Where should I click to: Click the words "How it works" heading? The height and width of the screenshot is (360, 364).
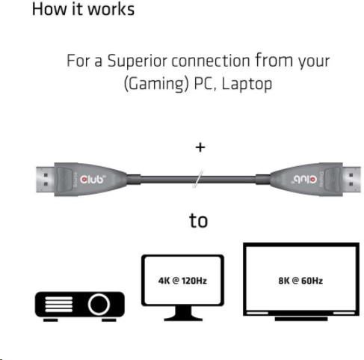click(83, 9)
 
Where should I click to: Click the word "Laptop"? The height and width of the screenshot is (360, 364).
click(247, 84)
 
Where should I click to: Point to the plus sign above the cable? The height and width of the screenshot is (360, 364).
click(200, 147)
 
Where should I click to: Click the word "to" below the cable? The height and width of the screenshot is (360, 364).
click(198, 221)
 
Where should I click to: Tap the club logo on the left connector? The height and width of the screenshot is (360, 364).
click(92, 179)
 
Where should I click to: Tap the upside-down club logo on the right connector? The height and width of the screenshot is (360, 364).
click(305, 179)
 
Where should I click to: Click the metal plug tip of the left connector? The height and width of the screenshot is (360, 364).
click(46, 180)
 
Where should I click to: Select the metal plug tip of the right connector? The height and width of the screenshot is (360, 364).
click(351, 180)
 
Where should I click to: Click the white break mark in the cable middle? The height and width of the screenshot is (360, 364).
click(198, 179)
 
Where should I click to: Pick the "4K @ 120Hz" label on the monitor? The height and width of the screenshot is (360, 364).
click(182, 281)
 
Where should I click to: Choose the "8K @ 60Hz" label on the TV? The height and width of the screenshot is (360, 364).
click(300, 281)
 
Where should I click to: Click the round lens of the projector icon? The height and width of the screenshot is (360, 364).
click(99, 305)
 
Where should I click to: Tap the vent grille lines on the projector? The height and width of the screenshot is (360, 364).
click(59, 305)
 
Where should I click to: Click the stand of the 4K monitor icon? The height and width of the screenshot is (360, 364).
click(183, 314)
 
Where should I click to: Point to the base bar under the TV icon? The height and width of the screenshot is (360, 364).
click(301, 319)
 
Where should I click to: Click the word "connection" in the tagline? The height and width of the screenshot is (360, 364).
click(211, 61)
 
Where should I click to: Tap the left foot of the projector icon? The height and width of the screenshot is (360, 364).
click(51, 320)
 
